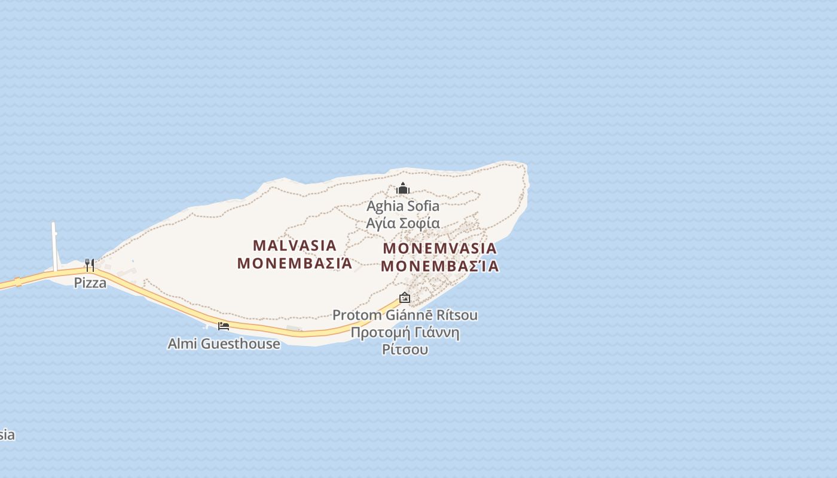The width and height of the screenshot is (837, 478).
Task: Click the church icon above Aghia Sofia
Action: pos(403,189)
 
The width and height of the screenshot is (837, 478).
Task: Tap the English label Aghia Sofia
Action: pos(402,206)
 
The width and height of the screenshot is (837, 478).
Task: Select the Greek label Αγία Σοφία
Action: pos(402,223)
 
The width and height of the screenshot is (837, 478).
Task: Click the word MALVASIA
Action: pos(295,246)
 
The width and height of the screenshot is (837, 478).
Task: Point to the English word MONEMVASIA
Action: pos(439,249)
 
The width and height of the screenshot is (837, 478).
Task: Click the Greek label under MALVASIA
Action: pos(294,263)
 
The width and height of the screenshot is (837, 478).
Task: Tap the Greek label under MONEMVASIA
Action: pos(439,266)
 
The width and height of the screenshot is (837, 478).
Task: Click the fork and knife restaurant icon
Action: pos(90,265)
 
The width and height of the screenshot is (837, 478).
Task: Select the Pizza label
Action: pos(90,283)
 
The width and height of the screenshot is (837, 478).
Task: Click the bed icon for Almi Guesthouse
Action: pos(224,326)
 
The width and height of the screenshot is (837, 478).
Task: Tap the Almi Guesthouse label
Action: pos(224,344)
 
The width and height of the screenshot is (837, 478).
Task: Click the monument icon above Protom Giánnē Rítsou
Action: pos(405,297)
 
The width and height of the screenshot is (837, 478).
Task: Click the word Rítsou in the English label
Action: pos(457,315)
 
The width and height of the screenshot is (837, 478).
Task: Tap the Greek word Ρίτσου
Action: pos(405,350)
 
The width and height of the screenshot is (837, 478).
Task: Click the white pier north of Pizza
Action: pos(54,245)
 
